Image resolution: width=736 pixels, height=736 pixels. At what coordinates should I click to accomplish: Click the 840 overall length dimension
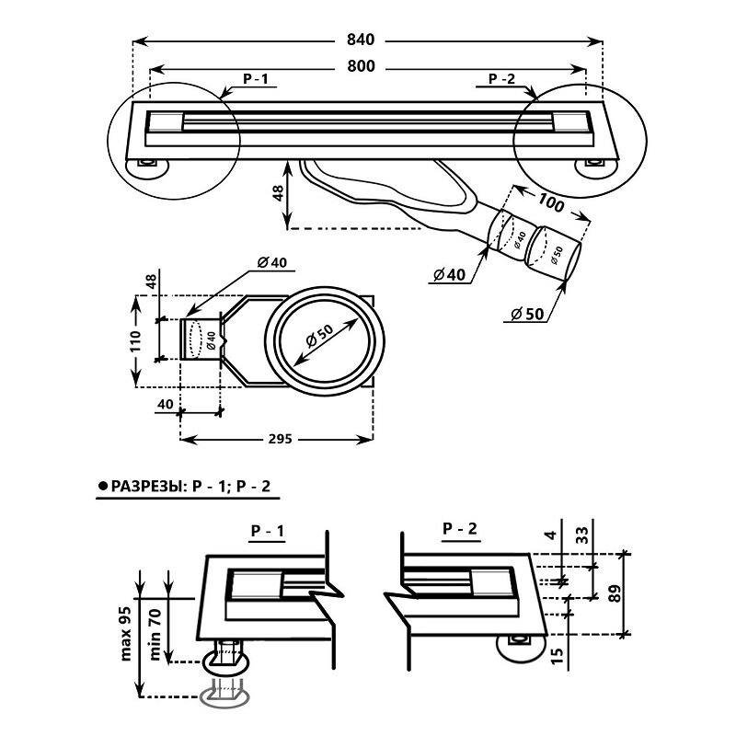(x=361, y=40)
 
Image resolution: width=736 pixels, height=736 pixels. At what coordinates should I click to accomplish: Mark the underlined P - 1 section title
(x=268, y=531)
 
